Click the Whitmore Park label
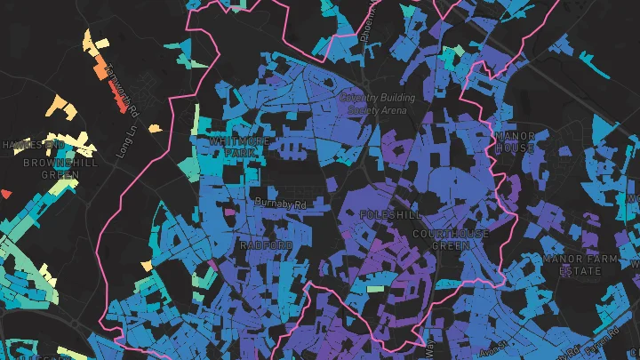233,147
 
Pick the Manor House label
516,141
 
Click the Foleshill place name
391,215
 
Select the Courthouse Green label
451,239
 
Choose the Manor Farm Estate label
580,264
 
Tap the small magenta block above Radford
229,213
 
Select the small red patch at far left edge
5,193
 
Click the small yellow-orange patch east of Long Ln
156,129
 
